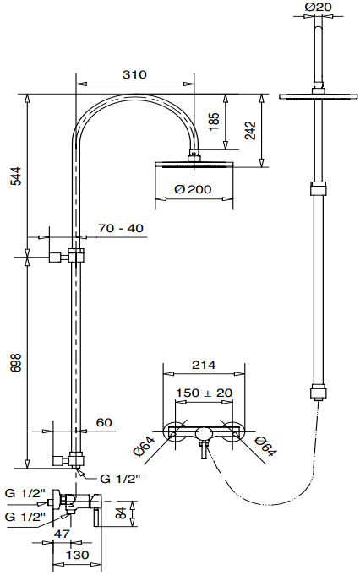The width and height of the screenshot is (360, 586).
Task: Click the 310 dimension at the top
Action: tap(134, 74)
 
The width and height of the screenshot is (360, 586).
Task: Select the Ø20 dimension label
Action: tap(318, 7)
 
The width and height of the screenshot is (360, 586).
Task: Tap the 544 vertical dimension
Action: tap(16, 176)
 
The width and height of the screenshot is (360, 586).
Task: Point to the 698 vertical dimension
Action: tap(16, 362)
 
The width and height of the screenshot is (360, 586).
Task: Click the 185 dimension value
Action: tap(214, 122)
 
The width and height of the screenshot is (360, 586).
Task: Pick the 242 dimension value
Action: tap(250, 130)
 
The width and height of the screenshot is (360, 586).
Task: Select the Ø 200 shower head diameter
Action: tap(193, 189)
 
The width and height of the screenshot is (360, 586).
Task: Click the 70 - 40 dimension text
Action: tap(121, 228)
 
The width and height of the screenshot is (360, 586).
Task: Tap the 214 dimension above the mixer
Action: tap(204, 365)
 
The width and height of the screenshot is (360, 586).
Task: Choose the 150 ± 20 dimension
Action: tap(205, 393)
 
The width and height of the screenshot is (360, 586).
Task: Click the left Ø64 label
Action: tap(145, 446)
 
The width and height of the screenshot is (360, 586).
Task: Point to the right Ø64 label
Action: tap(265, 446)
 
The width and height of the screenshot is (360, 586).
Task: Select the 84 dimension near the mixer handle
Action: tap(121, 513)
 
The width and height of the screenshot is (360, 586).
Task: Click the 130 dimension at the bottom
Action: tap(78, 555)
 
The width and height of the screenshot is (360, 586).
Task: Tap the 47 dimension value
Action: tap(63, 534)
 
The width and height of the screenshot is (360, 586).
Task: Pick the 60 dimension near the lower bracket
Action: tap(104, 422)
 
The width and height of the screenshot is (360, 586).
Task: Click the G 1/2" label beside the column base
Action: tap(120, 479)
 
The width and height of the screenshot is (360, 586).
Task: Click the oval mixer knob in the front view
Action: tap(204, 433)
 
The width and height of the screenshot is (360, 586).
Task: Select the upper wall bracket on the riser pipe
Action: tap(67, 257)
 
